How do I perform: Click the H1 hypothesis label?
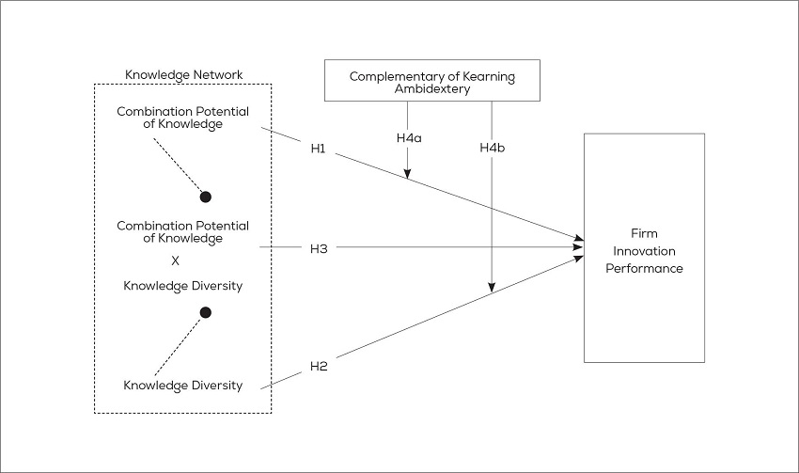click(318, 149)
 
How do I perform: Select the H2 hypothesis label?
click(318, 366)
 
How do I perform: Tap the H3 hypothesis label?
click(318, 248)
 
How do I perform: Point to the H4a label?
click(409, 137)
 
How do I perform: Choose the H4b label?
click(493, 148)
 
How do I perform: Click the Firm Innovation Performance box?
click(644, 248)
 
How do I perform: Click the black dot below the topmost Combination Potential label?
click(206, 197)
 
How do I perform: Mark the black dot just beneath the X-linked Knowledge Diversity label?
click(206, 312)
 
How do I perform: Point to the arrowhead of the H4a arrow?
click(408, 173)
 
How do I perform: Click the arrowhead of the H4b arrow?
click(492, 287)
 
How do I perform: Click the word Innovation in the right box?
click(644, 250)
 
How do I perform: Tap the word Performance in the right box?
click(644, 268)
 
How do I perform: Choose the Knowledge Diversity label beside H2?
click(183, 386)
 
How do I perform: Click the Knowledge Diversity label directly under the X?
click(183, 286)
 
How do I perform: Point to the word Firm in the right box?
click(644, 232)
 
